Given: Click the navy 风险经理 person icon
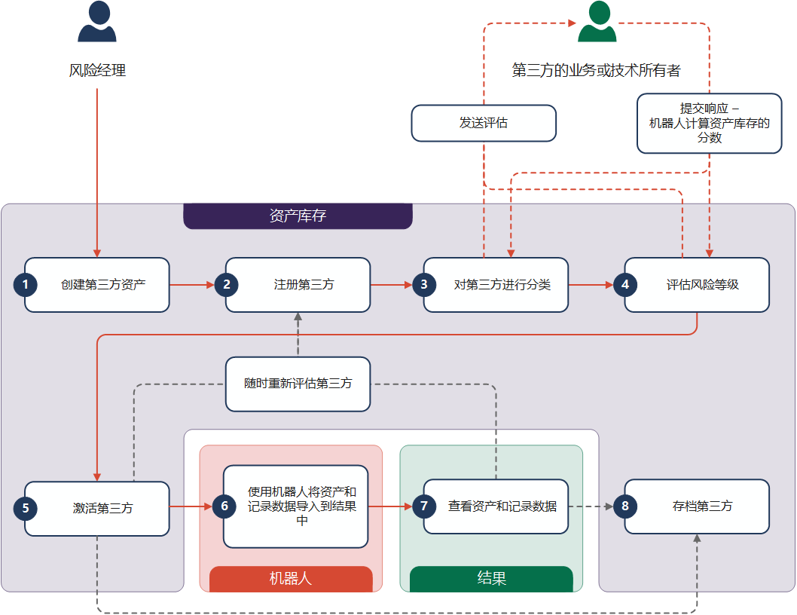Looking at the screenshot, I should coord(97,22).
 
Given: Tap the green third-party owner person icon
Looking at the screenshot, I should coord(597,22).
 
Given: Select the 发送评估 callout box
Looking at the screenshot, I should coord(484,123).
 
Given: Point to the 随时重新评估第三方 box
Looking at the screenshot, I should coord(298,384).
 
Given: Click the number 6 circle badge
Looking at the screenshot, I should coord(224,506).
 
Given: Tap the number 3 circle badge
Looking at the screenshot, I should coord(424,285).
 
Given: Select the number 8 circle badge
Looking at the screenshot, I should coord(625,506).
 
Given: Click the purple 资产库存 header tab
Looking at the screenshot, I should coord(298,216).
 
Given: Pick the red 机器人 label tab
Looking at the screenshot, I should coord(291,579).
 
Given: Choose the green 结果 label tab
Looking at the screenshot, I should coord(491,579).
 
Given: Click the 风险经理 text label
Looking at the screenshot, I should coord(97,71).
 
